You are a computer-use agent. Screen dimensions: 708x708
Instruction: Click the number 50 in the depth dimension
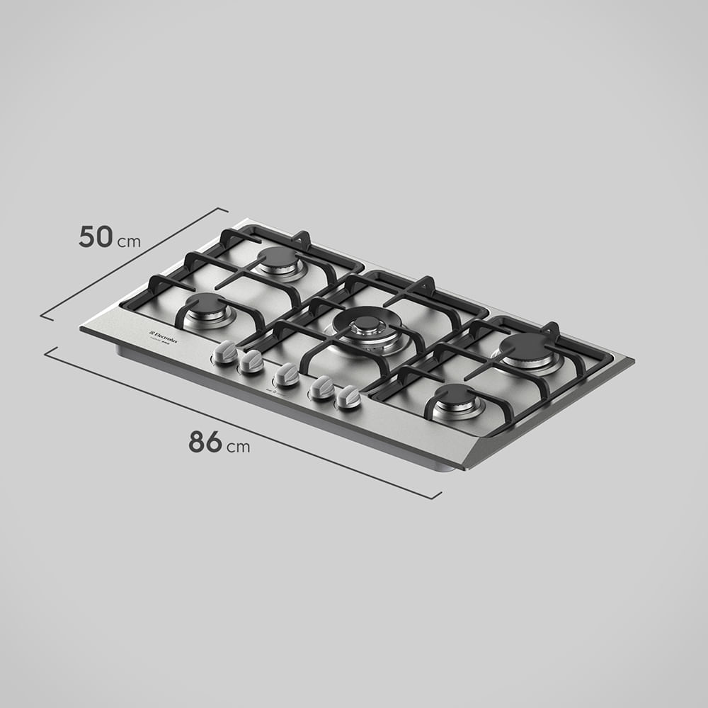(x=95, y=236)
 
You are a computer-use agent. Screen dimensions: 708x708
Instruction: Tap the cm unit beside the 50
(x=129, y=241)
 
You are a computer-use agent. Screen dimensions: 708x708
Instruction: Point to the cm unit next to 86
(x=239, y=447)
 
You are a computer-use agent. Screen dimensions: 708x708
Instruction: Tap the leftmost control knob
(x=226, y=352)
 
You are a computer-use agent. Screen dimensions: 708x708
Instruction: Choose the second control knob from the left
(x=251, y=362)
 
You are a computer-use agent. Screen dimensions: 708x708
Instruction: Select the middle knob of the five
(x=287, y=375)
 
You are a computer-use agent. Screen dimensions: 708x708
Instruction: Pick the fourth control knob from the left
(x=322, y=387)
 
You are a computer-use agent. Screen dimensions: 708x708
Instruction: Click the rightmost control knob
(x=348, y=396)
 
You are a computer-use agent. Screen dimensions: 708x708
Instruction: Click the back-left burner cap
(x=278, y=257)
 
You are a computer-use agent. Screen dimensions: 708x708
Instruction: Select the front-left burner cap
(x=206, y=304)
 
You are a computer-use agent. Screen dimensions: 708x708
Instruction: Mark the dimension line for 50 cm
(x=135, y=263)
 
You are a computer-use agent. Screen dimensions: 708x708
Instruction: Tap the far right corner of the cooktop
(x=633, y=360)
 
